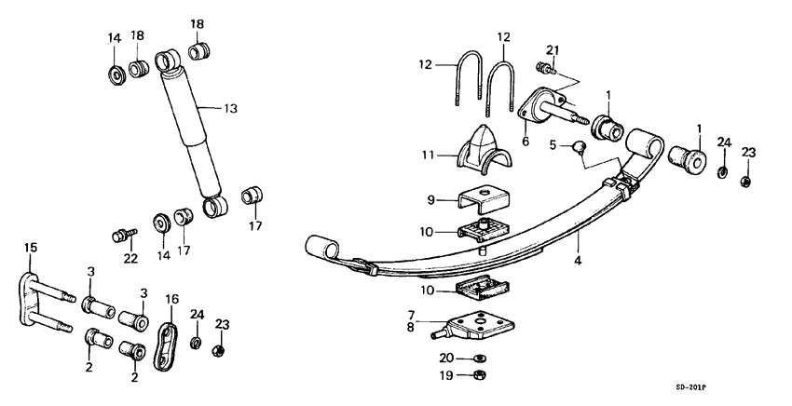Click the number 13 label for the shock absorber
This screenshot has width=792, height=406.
pos(230,109)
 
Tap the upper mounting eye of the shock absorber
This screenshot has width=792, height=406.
pos(168,61)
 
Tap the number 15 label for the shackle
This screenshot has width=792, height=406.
pos(31,248)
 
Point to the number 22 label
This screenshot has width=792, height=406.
pos(130,258)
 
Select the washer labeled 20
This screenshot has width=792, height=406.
pos(478,358)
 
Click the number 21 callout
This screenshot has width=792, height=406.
pos(553,49)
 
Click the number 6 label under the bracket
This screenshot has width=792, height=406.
pos(524,142)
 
